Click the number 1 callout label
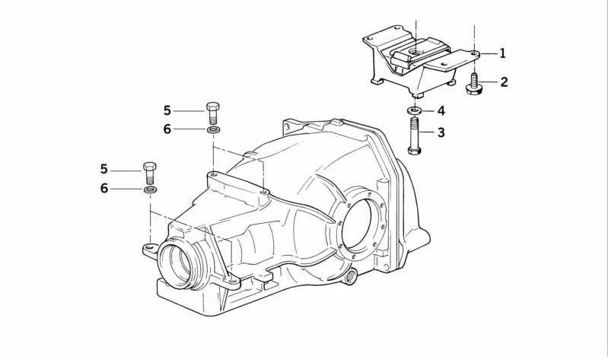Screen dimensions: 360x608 click(503, 53)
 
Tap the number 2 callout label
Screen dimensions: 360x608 click(503, 82)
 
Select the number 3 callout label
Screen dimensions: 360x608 click(441, 132)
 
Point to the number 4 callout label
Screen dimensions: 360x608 click(441, 111)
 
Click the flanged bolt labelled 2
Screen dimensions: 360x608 click(473, 84)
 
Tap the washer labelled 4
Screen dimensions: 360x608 click(415, 112)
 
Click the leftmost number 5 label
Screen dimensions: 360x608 click(104, 169)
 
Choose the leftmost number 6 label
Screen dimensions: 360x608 click(104, 189)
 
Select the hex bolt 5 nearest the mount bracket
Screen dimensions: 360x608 click(212, 113)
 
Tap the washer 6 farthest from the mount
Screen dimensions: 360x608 click(150, 188)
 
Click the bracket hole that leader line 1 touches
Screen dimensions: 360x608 click(473, 54)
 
